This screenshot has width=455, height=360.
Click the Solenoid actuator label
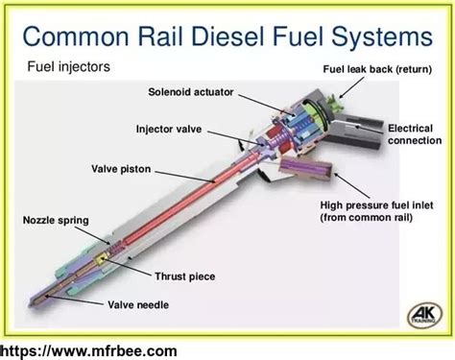(x=191, y=93)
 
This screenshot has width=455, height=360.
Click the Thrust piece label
(x=185, y=276)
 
